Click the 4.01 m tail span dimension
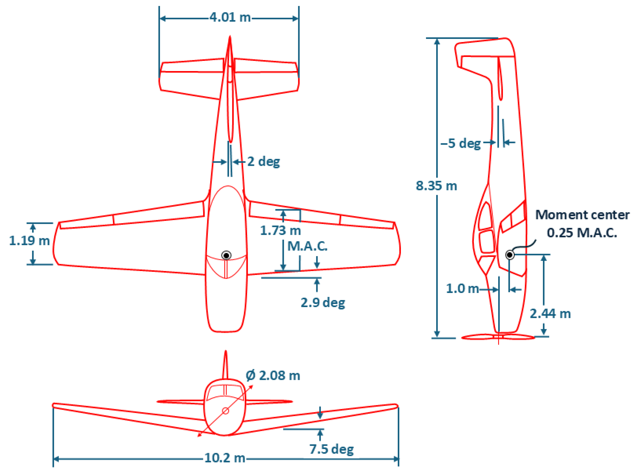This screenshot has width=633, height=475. (x=230, y=17)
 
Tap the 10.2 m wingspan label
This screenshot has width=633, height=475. (x=225, y=458)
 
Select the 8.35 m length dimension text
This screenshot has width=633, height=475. (x=436, y=186)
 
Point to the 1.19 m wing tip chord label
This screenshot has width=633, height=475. (x=29, y=241)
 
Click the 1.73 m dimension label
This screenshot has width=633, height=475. (x=280, y=231)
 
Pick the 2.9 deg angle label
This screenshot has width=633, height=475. (x=323, y=303)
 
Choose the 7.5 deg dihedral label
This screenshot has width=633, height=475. (x=331, y=449)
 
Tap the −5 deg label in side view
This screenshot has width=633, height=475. (x=461, y=143)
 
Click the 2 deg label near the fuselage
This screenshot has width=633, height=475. (x=263, y=162)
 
